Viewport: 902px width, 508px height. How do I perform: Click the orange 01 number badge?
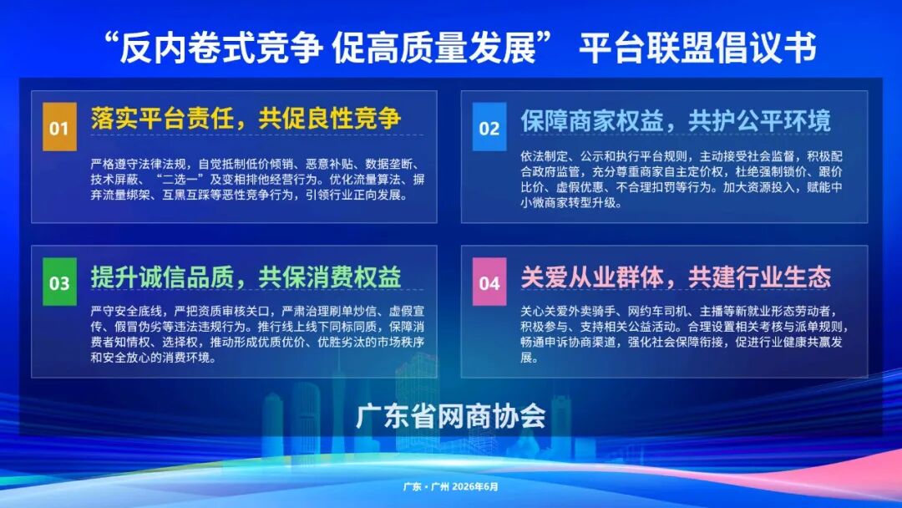[59, 126]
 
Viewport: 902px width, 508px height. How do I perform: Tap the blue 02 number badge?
[489, 126]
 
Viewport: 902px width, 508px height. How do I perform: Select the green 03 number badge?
[59, 282]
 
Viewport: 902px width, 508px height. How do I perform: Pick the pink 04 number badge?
[489, 282]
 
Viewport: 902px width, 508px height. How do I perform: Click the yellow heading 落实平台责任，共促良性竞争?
[246, 119]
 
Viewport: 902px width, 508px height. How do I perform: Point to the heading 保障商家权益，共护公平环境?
[676, 121]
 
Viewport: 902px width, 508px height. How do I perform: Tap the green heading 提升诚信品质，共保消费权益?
[246, 277]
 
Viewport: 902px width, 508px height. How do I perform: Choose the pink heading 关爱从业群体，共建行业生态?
[676, 277]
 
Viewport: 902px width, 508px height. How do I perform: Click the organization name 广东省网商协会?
[451, 415]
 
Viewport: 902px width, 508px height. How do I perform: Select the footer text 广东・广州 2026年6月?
[450, 487]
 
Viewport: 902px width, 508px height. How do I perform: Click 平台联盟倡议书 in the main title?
[697, 48]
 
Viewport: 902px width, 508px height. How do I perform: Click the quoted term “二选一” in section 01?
[180, 180]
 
